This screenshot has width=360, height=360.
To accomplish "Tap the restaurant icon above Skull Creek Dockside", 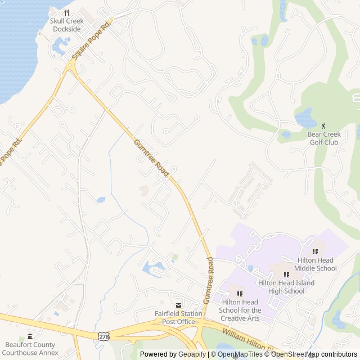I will point(66,12).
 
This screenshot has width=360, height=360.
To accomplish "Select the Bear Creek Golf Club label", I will point(324,138).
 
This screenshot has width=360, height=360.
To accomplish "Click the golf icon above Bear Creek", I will point(323,125).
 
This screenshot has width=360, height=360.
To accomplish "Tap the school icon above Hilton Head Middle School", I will point(315,251).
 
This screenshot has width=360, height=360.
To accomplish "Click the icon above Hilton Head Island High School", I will point(286,274).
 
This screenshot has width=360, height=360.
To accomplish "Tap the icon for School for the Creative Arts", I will point(240,294).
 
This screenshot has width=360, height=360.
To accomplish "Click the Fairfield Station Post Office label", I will point(178,318).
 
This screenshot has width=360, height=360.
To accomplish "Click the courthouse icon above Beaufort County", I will point(30,336).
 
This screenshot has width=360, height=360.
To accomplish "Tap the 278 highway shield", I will point(103,336).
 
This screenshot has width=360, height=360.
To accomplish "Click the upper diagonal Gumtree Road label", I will point(151,159).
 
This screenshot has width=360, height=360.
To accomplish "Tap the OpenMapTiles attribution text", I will point(239,354).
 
